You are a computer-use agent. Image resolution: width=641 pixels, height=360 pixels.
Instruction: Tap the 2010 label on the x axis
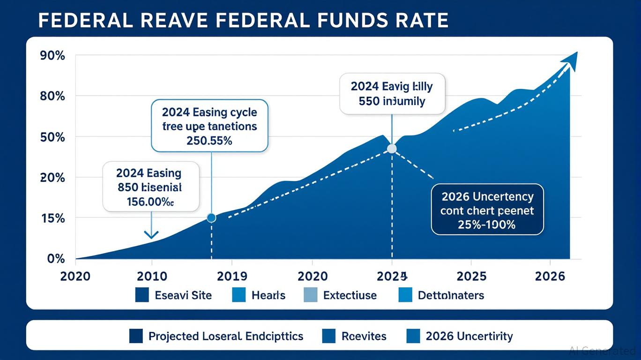pyautogui.click(x=152, y=276)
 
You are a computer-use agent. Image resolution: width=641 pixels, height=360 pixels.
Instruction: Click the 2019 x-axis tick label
pyautogui.click(x=232, y=276)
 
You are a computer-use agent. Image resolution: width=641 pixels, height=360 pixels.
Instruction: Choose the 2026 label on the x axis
pyautogui.click(x=550, y=276)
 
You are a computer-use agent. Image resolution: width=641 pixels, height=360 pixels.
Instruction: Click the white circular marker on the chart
pyautogui.click(x=392, y=149)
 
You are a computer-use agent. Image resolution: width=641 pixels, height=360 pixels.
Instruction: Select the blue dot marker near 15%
pyautogui.click(x=211, y=217)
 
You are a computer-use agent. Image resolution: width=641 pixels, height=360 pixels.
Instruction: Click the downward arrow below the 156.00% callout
pyautogui.click(x=151, y=233)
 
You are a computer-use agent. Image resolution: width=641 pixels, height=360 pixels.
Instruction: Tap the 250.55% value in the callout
pyautogui.click(x=209, y=141)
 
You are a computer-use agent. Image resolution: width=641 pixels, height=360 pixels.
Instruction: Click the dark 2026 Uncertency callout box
pyautogui.click(x=487, y=209)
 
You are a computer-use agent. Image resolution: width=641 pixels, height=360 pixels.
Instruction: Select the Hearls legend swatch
pyautogui.click(x=238, y=295)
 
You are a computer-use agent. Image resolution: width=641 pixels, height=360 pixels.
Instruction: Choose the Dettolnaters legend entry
pyautogui.click(x=451, y=295)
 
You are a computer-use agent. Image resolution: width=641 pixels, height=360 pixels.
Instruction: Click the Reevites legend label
pyautogui.click(x=364, y=336)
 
